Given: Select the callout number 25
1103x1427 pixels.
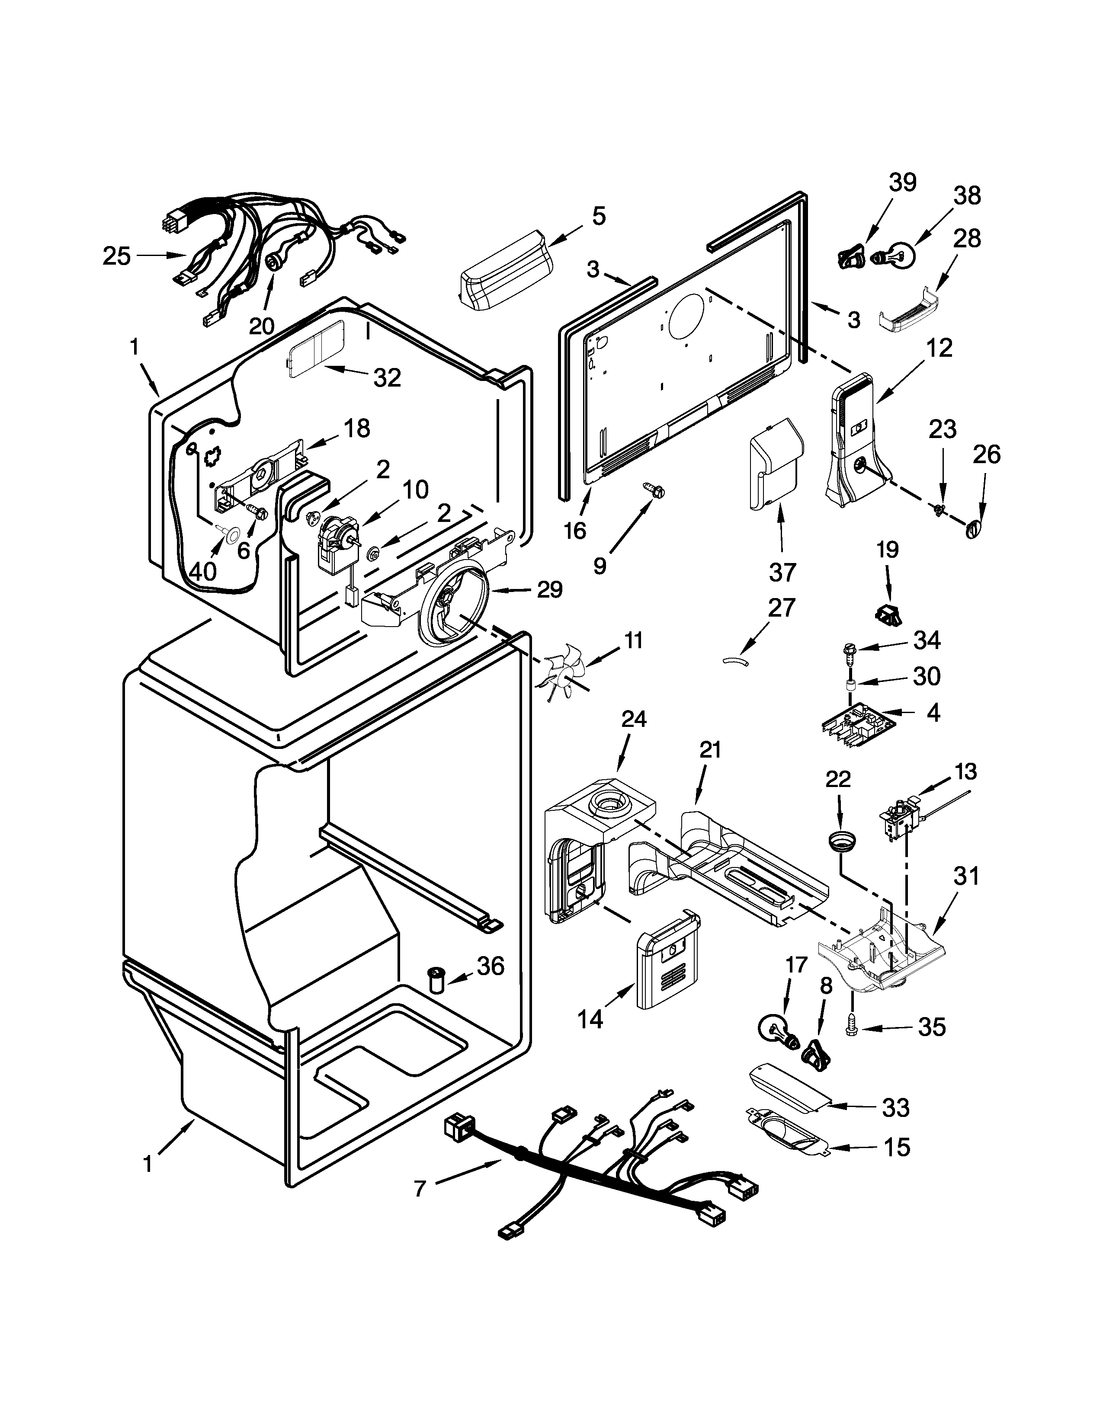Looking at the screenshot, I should pos(117,256).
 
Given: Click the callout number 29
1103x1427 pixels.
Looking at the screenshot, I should pos(549,589).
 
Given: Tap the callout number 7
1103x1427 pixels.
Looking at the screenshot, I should pos(420,1188).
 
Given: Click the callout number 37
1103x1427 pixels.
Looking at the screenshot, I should pos(782,573).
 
